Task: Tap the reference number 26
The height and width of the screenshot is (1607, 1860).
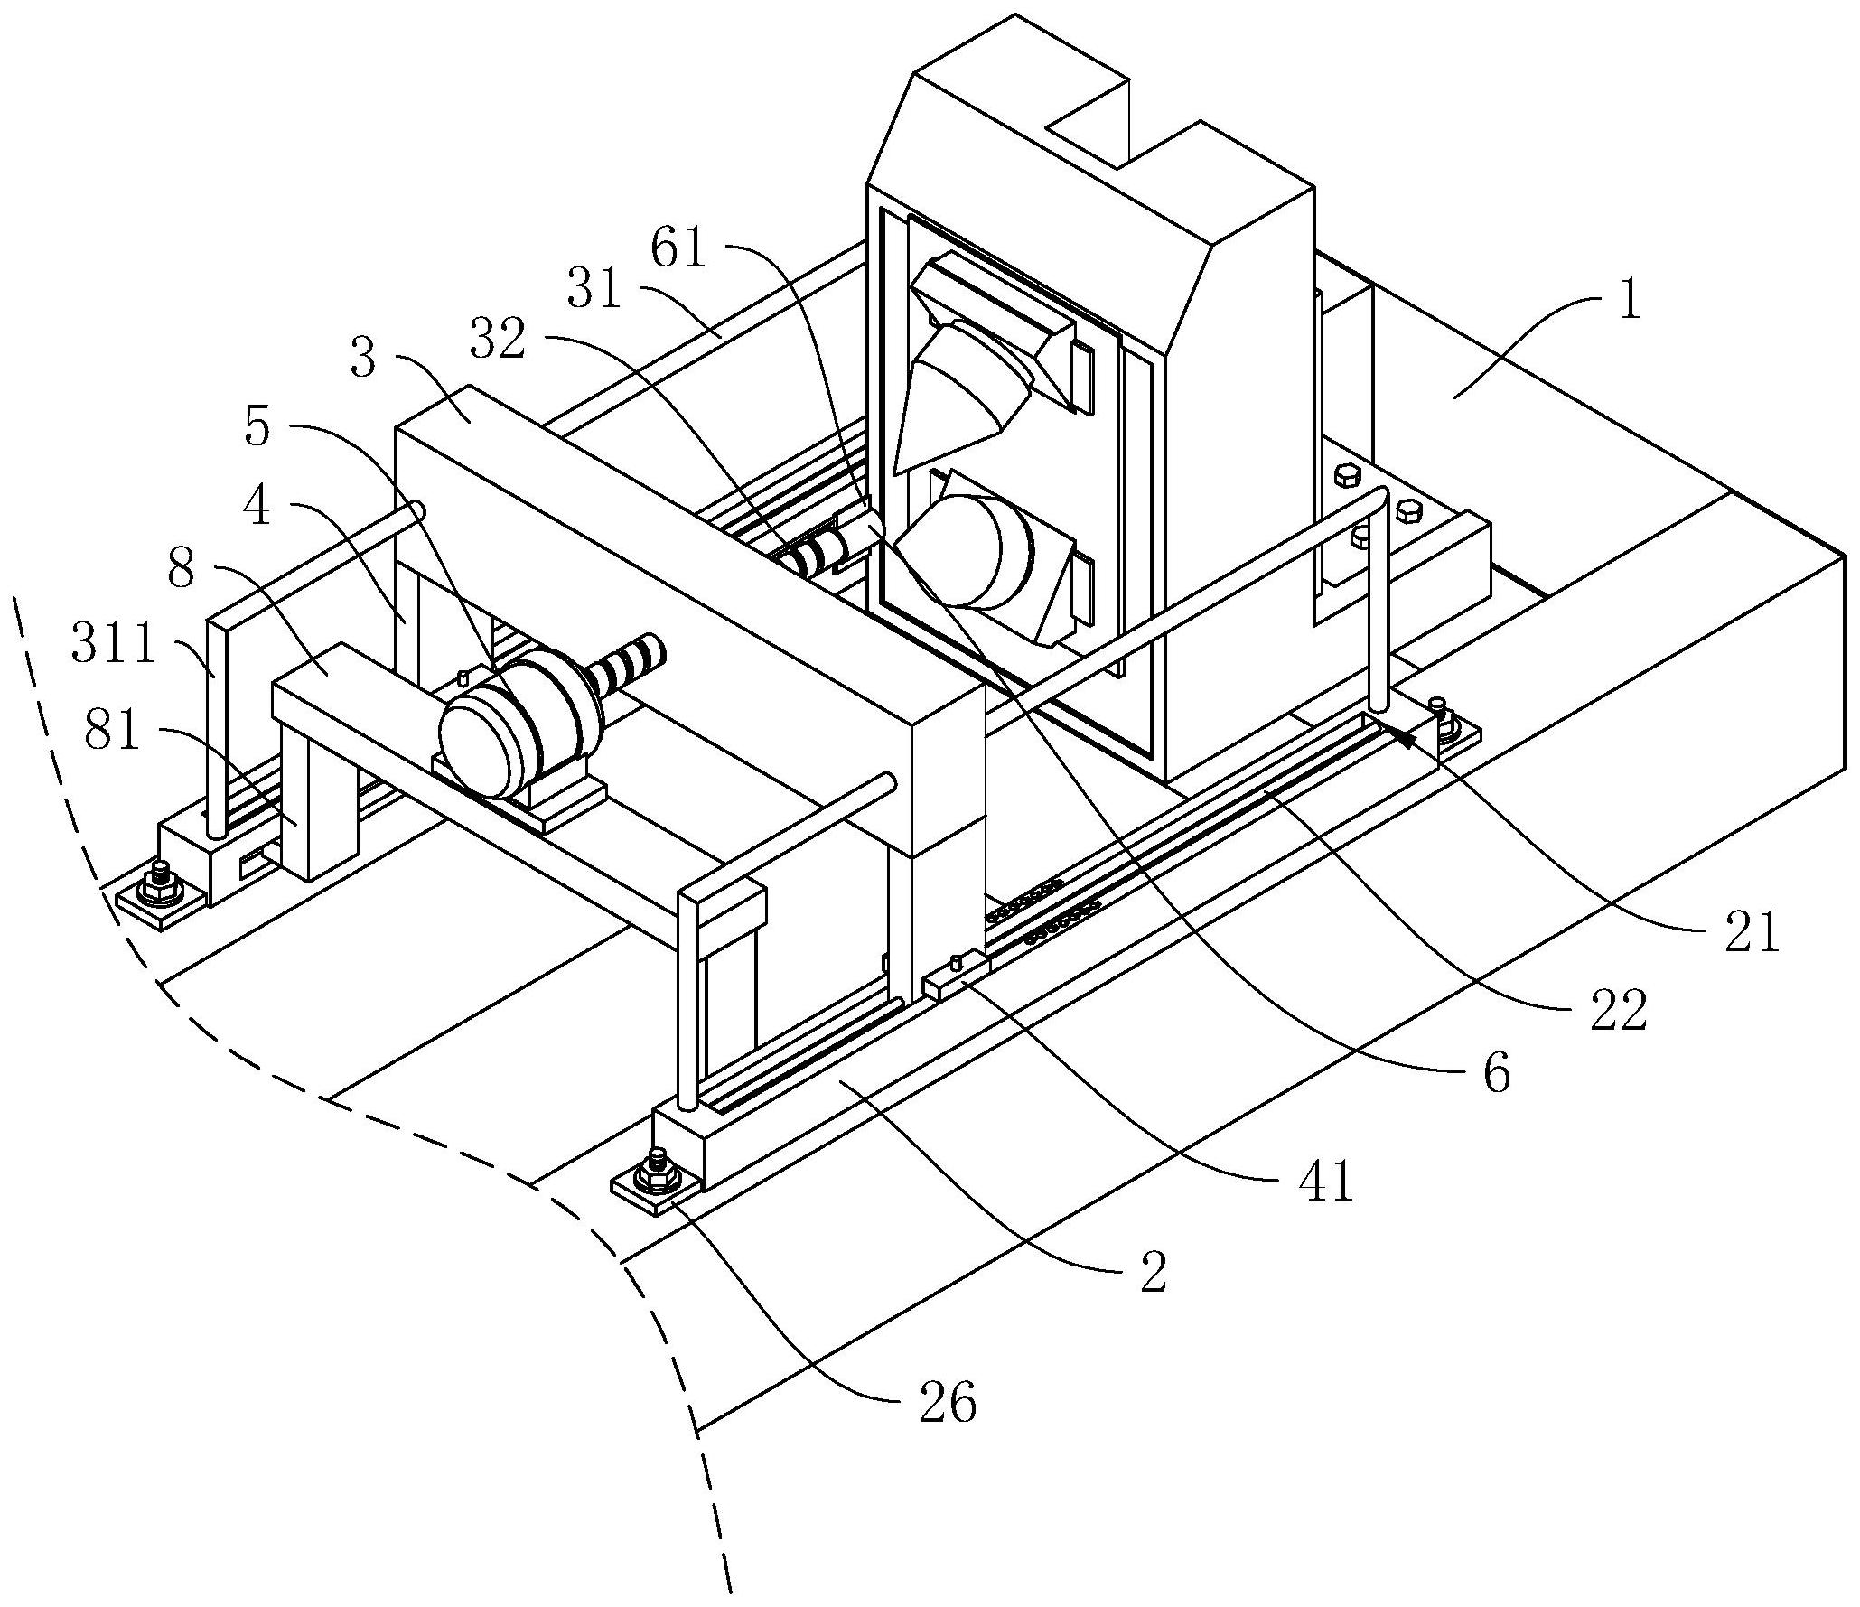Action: (948, 1405)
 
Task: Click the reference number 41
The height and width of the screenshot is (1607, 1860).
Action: (1326, 1180)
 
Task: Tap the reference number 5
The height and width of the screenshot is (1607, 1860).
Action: (257, 427)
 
